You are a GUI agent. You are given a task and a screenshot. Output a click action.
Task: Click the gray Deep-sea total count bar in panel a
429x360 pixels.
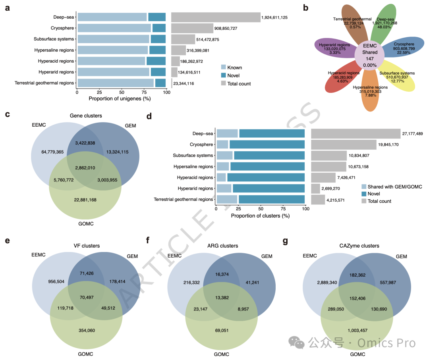pos(215,17)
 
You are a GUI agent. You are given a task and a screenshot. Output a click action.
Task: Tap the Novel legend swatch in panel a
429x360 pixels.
pos(224,75)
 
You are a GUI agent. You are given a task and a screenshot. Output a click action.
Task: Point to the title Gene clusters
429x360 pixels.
pos(86,116)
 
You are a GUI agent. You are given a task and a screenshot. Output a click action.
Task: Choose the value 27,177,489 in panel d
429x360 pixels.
pos(412,134)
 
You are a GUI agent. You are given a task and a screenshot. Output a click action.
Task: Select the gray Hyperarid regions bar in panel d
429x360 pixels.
pos(315,189)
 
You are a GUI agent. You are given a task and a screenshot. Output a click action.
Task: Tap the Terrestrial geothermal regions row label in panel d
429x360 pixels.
pos(184,199)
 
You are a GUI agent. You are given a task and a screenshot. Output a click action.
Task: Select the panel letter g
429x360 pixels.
pos(285,241)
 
